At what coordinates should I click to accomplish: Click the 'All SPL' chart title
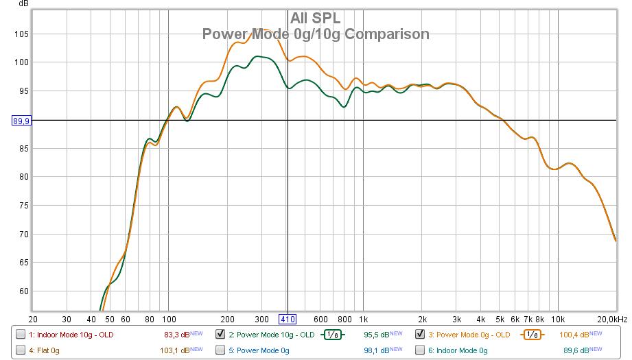pyautogui.click(x=315, y=18)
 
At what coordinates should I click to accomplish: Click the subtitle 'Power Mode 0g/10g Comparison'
pyautogui.click(x=315, y=34)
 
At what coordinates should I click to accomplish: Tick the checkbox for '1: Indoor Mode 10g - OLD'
pyautogui.click(x=21, y=335)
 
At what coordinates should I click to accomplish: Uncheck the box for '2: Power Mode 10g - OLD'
pyautogui.click(x=220, y=335)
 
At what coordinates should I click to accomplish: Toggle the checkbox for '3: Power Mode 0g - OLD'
pyautogui.click(x=420, y=335)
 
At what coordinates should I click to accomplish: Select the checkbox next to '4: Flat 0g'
pyautogui.click(x=21, y=350)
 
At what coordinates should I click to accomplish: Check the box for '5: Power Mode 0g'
pyautogui.click(x=220, y=350)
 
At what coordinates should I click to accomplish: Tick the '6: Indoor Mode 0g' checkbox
pyautogui.click(x=420, y=350)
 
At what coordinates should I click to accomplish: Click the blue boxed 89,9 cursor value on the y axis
pyautogui.click(x=21, y=121)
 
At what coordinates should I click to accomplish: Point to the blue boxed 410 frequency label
pyautogui.click(x=287, y=320)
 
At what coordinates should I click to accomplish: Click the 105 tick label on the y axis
pyautogui.click(x=21, y=34)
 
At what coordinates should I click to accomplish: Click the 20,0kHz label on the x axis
pyautogui.click(x=612, y=320)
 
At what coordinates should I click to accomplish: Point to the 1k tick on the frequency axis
pyautogui.click(x=364, y=320)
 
